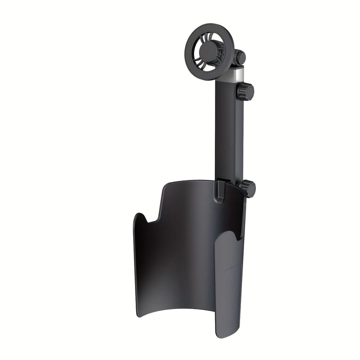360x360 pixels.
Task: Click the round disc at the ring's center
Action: [209, 48]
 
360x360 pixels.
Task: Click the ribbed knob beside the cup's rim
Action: [248, 188]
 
